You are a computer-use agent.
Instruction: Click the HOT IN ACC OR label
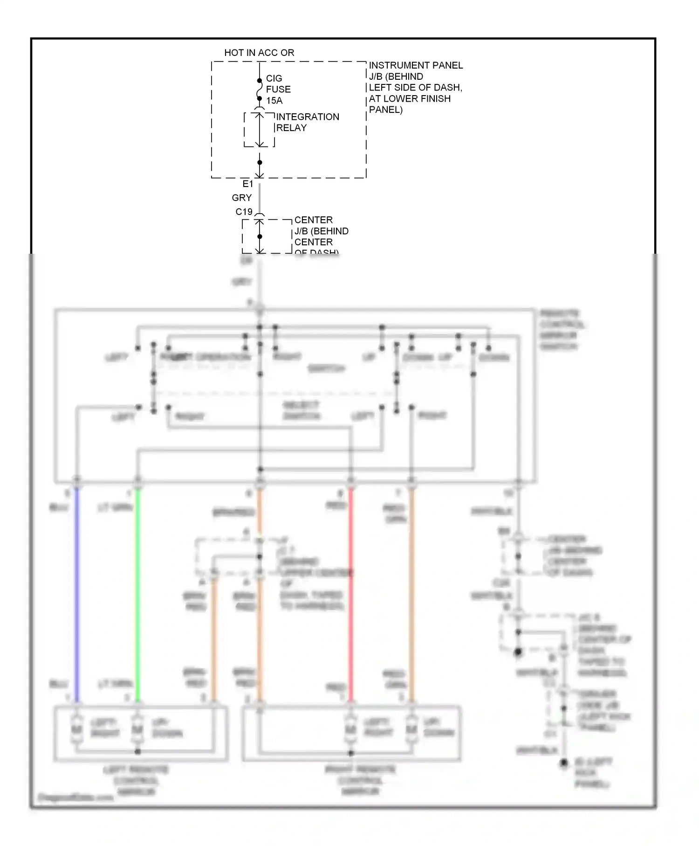[259, 53]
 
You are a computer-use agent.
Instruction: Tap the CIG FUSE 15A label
[278, 89]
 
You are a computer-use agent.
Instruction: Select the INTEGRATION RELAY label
[307, 122]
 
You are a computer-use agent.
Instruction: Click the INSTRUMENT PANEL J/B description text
[415, 87]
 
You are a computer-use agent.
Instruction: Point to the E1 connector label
[247, 184]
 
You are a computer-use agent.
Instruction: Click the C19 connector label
[244, 212]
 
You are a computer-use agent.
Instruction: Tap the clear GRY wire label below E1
[241, 198]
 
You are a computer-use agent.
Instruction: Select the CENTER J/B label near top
[321, 231]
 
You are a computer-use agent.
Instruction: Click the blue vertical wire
[77, 592]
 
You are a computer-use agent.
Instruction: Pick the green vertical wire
[137, 592]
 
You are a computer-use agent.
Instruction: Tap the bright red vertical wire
[351, 592]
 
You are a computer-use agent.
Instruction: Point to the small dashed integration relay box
[259, 129]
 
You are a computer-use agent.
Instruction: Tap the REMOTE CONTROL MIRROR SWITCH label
[562, 330]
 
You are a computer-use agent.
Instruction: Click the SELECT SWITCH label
[302, 410]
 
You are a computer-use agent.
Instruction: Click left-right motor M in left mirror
[76, 729]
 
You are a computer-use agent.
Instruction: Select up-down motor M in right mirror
[411, 729]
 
